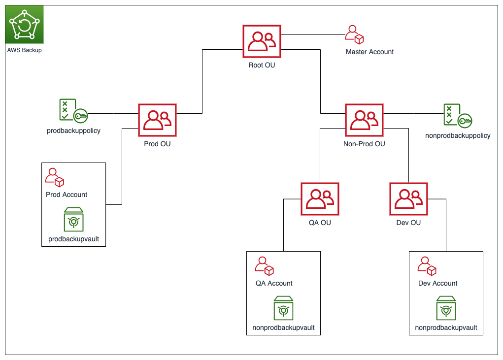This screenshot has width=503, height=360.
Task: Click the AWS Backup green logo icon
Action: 24,24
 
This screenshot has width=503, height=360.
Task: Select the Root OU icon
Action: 262,41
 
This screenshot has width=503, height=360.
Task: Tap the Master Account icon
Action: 354,34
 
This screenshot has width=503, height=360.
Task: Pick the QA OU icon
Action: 320,199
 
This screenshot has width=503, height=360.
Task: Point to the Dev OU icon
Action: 408,199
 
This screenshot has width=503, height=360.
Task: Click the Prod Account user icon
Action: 55,178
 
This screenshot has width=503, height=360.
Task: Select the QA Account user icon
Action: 265,266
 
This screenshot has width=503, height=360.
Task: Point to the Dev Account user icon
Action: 427,266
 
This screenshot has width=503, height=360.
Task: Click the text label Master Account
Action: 369,52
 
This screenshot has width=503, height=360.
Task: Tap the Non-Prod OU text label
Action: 364,144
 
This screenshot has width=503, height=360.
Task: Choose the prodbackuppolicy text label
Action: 73,131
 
